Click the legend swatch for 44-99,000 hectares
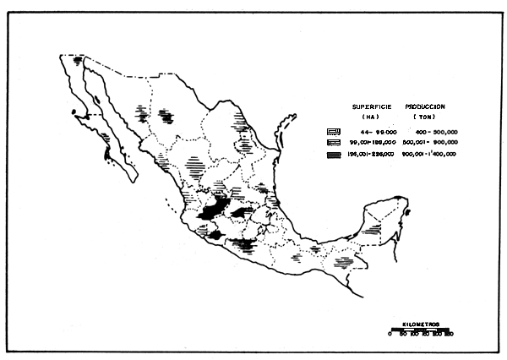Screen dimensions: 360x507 tap(335, 133)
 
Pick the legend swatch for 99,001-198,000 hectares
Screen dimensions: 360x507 tap(335, 144)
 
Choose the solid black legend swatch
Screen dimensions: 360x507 tap(335, 155)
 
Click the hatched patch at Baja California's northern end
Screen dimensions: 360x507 tap(78, 62)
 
